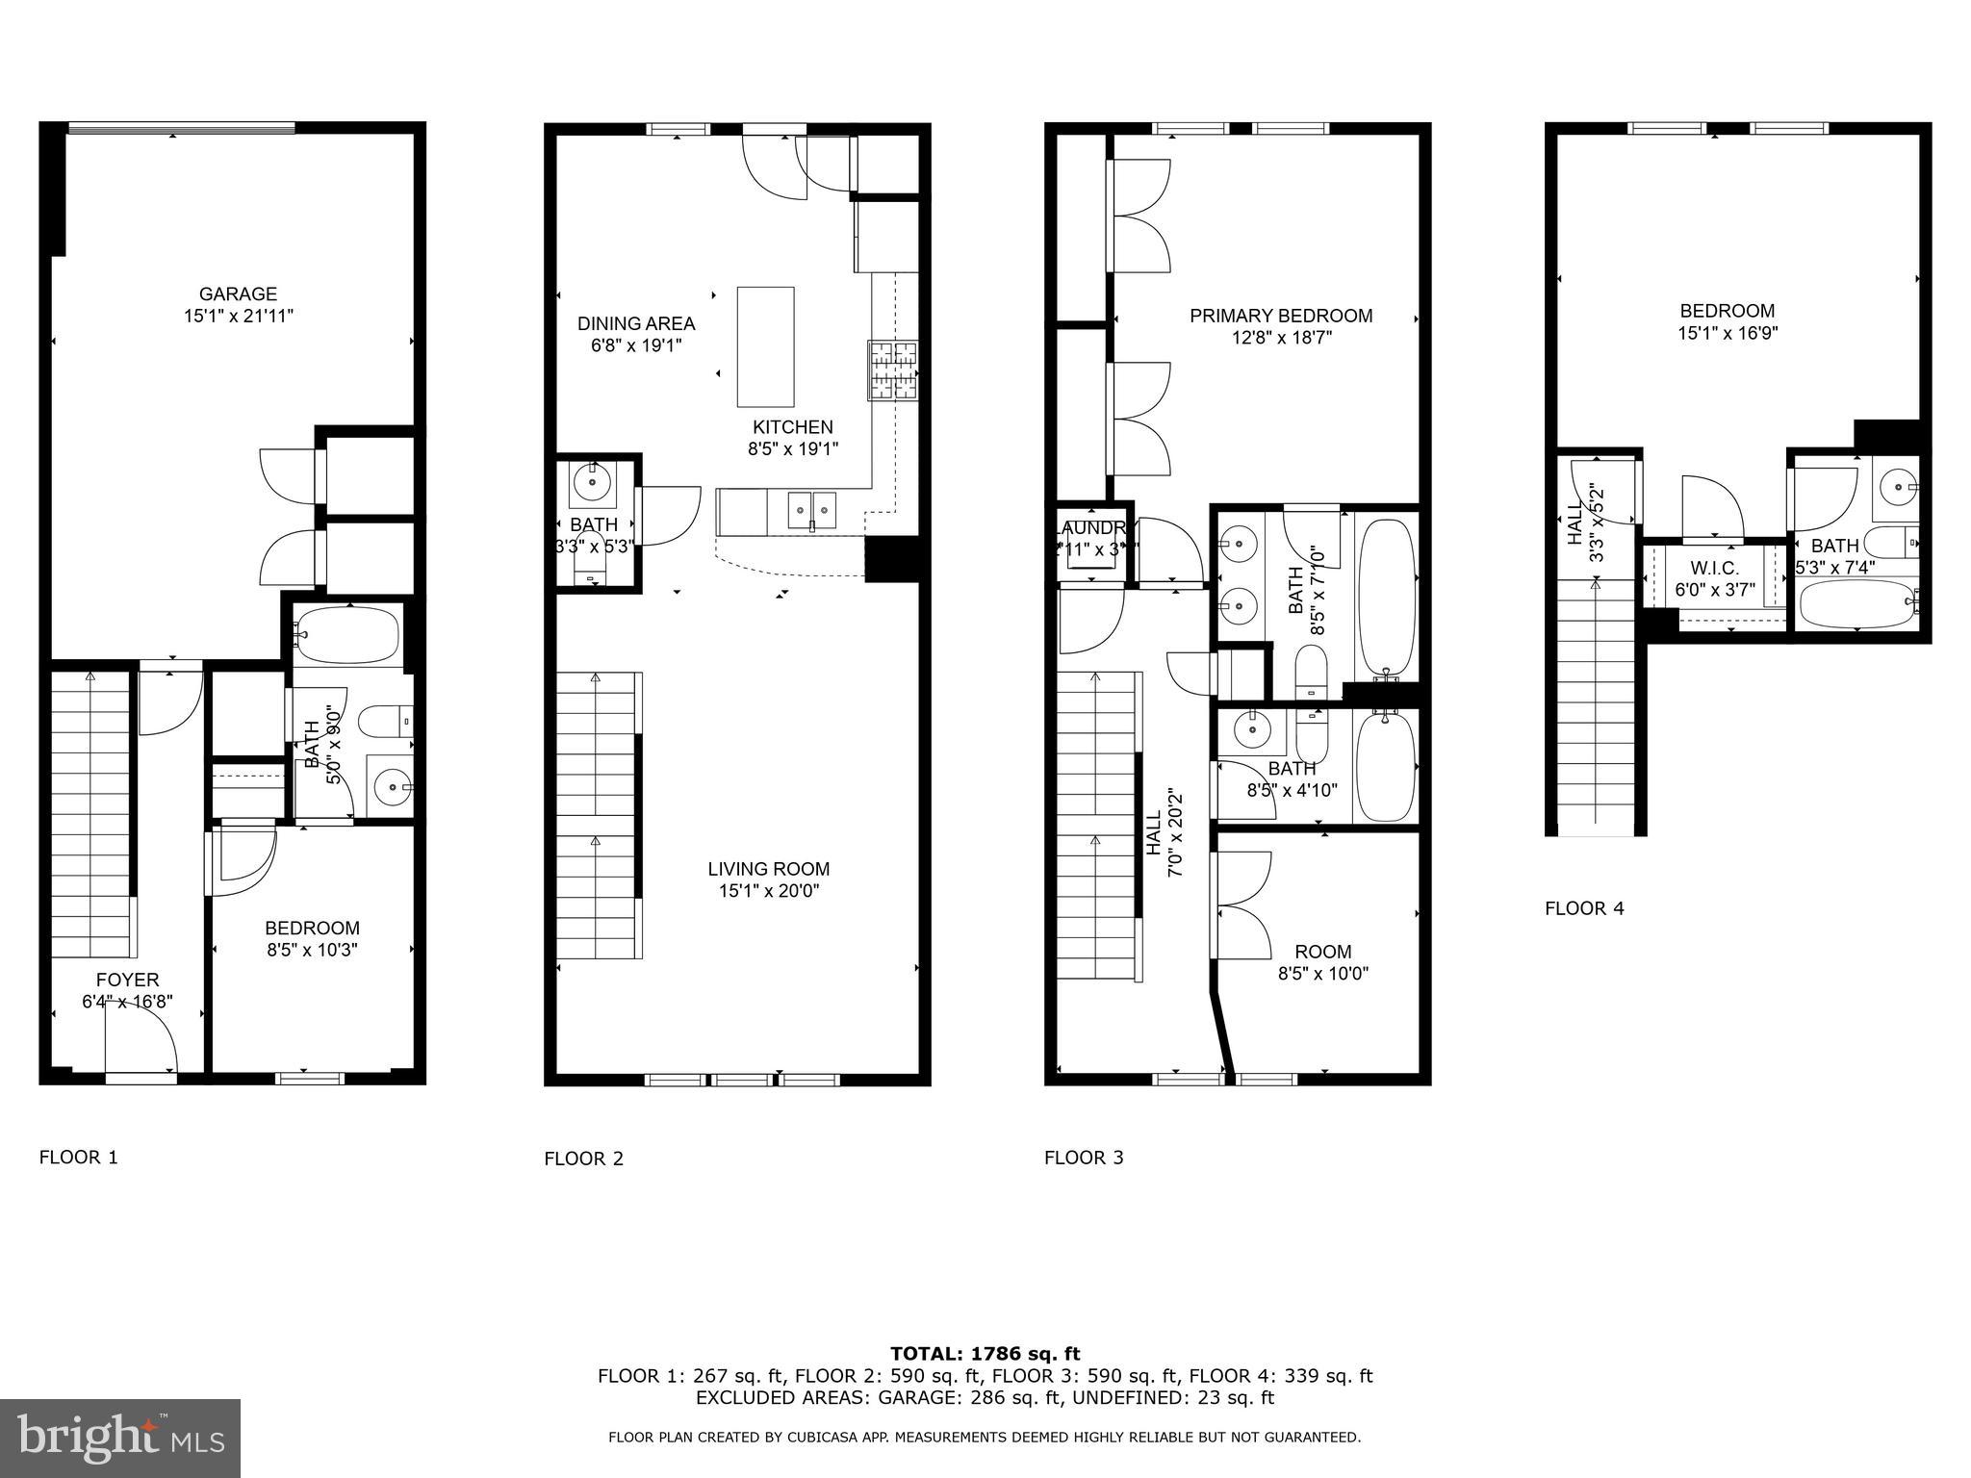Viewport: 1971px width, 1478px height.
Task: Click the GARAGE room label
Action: pos(238,294)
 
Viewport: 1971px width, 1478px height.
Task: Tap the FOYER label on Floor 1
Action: pos(127,980)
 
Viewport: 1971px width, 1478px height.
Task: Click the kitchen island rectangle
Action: pos(766,346)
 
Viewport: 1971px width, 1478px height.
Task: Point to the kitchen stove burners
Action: pos(893,370)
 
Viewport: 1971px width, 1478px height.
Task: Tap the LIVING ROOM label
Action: pos(768,869)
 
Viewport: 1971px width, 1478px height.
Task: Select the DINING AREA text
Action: pos(636,323)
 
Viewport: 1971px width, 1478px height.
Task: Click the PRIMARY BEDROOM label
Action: pos(1280,316)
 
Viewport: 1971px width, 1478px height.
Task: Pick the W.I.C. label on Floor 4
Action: pos(1714,569)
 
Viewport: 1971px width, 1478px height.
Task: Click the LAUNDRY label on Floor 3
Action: pos(1092,528)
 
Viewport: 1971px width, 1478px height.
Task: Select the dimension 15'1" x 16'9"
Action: pos(1727,333)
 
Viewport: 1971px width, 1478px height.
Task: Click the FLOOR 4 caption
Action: pos(1584,908)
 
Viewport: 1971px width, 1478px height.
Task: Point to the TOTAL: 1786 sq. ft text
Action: pos(985,1354)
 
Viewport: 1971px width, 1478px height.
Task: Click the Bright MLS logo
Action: pos(120,1438)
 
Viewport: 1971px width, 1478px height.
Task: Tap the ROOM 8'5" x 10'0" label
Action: pos(1322,962)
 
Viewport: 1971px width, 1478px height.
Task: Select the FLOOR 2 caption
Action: pos(583,1159)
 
